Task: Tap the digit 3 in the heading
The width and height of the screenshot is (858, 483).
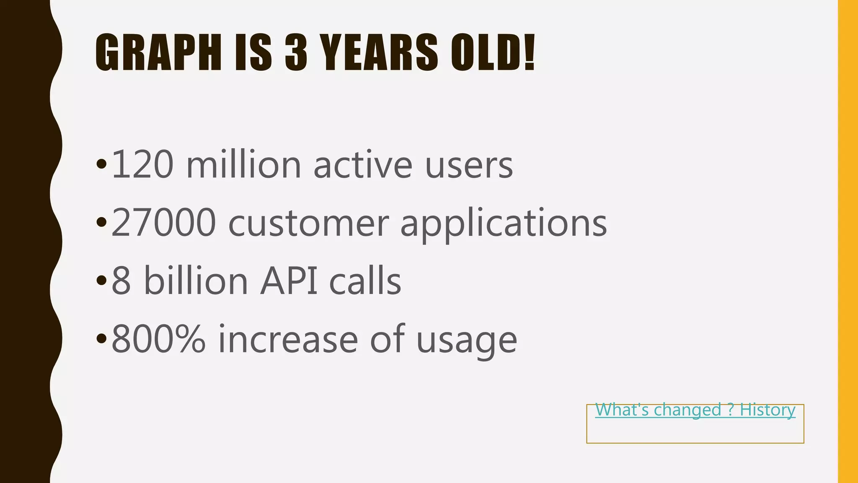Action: pos(296,52)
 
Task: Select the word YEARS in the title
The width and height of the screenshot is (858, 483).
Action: pos(379,52)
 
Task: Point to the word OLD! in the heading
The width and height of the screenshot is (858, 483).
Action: pos(493,52)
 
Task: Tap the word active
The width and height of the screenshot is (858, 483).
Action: pos(363,165)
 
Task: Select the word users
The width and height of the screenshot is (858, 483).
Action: pos(469,165)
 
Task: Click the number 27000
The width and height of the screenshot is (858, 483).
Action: pos(164,223)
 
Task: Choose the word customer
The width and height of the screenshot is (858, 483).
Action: pos(308,223)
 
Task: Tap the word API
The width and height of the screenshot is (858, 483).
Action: pos(289,281)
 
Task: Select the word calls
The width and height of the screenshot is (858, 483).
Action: pos(365,281)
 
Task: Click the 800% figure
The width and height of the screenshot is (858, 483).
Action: pos(159,339)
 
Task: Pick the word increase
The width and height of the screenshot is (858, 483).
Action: pos(288,339)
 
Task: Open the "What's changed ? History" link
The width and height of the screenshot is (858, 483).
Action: pos(695,410)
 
